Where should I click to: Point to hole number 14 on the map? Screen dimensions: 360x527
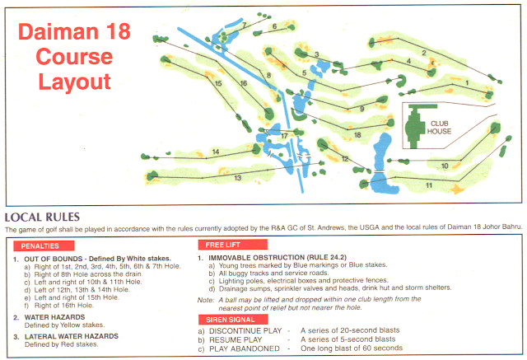coord(215,152)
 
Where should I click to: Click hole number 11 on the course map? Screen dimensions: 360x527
coord(429,185)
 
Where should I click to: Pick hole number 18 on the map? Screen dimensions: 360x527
coord(357,134)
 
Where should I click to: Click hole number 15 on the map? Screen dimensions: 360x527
coord(218,83)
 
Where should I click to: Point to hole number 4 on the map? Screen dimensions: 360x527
coord(408,60)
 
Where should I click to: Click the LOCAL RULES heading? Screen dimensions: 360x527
coord(40,215)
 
